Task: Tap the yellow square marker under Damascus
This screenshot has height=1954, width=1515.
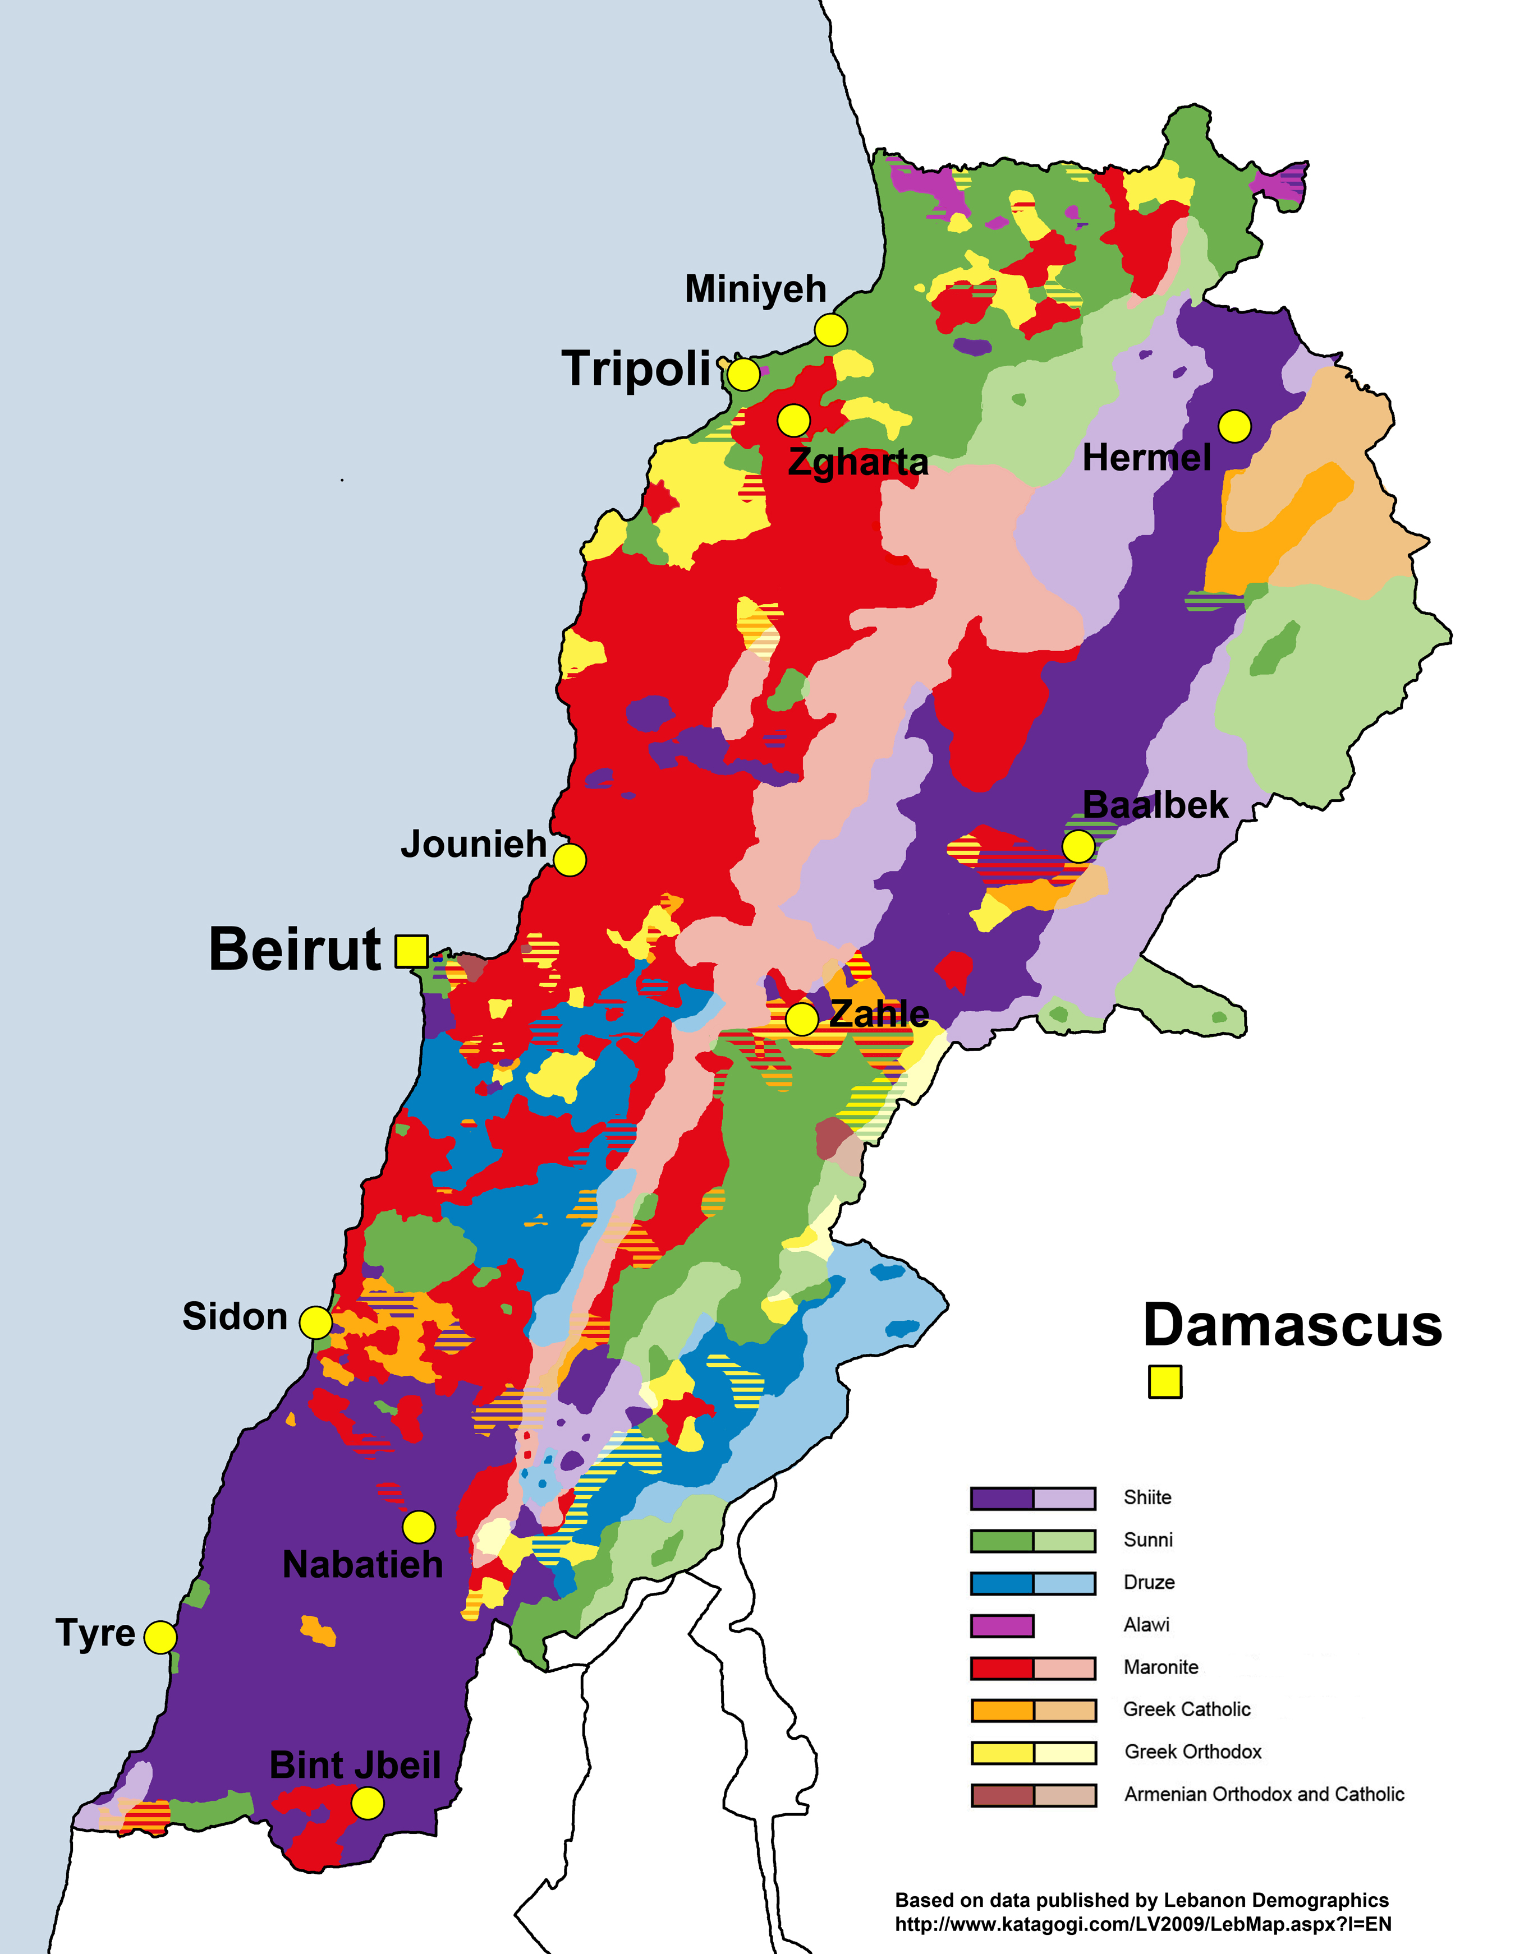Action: [x=1164, y=1381]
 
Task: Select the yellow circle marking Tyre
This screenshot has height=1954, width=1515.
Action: [x=160, y=1637]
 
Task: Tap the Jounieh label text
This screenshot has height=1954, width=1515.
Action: [x=474, y=844]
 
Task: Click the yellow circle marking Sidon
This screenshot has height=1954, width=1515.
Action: [x=315, y=1322]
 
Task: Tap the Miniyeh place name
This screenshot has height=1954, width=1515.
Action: [x=755, y=289]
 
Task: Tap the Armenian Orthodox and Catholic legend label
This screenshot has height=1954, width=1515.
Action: [x=1264, y=1794]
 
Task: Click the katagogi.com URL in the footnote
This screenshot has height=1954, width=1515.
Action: [x=1143, y=1924]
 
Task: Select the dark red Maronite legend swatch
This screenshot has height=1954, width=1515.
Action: [x=1002, y=1668]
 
